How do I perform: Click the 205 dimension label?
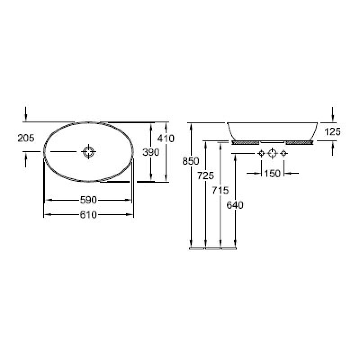(x=26, y=138)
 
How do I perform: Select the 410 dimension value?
(x=166, y=139)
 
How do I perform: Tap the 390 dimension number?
(x=151, y=152)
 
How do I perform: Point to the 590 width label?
(x=88, y=200)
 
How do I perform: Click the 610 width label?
(x=88, y=215)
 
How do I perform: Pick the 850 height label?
(x=190, y=161)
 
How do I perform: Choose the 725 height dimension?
(x=206, y=175)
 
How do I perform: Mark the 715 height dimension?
(x=220, y=190)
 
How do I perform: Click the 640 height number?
(x=235, y=205)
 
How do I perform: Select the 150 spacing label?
(x=272, y=173)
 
